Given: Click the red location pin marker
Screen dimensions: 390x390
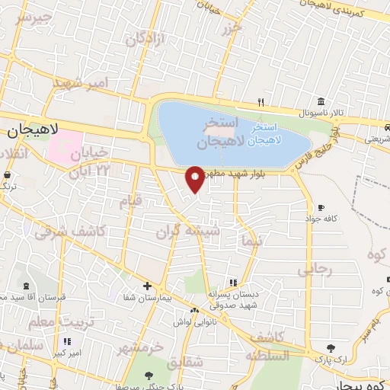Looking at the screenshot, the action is (x=195, y=179).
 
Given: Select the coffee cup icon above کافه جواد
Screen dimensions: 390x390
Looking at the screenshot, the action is (x=321, y=207).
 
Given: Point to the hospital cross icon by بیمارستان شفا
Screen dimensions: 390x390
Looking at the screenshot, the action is (x=147, y=286).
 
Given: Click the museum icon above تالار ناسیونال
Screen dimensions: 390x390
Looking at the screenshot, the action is (x=320, y=101).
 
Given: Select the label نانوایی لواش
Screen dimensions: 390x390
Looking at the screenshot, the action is (x=195, y=321).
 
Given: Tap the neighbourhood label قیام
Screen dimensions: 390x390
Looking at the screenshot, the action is (x=131, y=201).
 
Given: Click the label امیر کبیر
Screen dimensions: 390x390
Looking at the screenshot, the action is (x=66, y=353).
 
